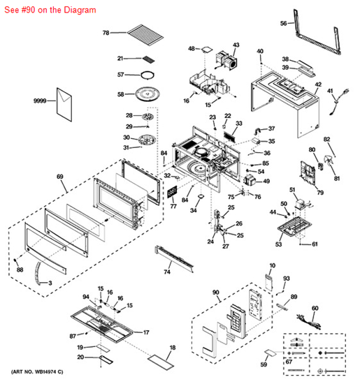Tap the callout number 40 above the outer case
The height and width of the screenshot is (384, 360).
pyautogui.click(x=260, y=52)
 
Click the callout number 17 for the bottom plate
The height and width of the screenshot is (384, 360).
pyautogui.click(x=147, y=333)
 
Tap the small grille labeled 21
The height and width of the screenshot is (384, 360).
pyautogui.click(x=149, y=61)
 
